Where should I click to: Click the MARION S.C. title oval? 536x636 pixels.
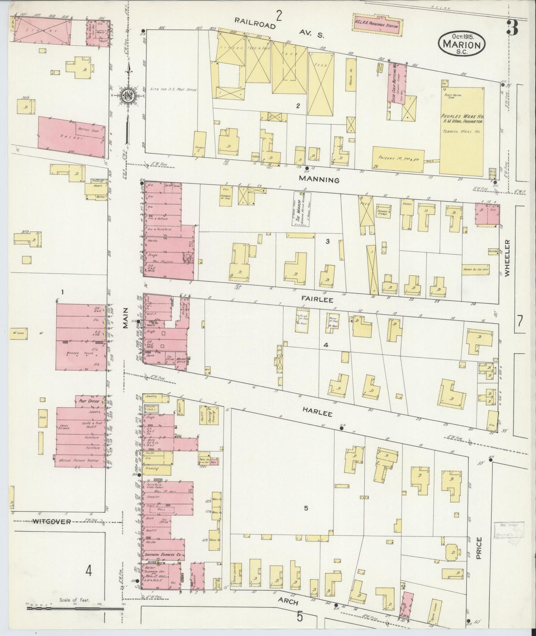tap(462, 43)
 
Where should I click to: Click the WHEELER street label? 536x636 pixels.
tap(507, 257)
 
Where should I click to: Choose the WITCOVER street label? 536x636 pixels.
tap(51, 521)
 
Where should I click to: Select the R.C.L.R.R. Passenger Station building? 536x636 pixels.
tap(376, 26)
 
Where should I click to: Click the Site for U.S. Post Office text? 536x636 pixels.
tap(172, 89)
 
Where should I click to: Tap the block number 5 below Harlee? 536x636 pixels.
tap(306, 508)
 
